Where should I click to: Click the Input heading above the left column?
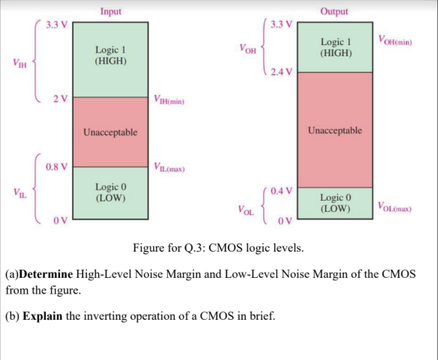click(x=110, y=11)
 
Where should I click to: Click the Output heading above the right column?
click(x=334, y=11)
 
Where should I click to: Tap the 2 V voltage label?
click(x=59, y=98)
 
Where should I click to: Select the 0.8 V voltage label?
click(x=56, y=167)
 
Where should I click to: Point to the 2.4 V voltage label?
click(x=281, y=72)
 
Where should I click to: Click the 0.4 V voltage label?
click(x=281, y=191)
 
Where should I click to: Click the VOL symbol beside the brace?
click(x=246, y=211)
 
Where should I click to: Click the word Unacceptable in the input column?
click(x=110, y=132)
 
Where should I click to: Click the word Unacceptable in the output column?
click(x=335, y=130)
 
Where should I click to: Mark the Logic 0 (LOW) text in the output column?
click(x=335, y=203)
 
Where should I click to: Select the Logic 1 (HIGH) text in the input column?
click(x=110, y=55)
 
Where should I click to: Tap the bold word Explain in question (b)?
click(x=43, y=316)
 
